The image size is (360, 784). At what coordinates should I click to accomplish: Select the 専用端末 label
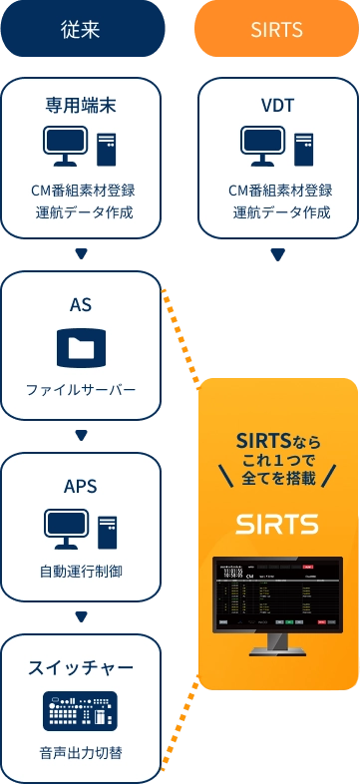point(81,105)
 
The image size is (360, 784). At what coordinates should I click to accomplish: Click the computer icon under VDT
point(276,148)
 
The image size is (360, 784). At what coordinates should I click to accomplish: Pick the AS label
point(81,305)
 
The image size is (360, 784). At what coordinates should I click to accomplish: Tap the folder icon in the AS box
point(81,347)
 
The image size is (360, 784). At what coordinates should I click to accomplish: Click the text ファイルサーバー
point(81,389)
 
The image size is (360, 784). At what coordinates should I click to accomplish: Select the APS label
point(81,486)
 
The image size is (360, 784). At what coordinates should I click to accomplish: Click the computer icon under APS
point(81,529)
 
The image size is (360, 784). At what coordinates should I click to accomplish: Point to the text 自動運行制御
point(81,571)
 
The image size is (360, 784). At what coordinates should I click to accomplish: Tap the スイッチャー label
point(81,666)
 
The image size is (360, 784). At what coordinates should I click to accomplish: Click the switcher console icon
point(80,709)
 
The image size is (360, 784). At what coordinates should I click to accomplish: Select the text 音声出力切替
point(81,751)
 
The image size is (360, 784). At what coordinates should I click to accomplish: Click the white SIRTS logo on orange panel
point(277,524)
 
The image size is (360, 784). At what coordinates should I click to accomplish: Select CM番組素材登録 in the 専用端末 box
point(83,191)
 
